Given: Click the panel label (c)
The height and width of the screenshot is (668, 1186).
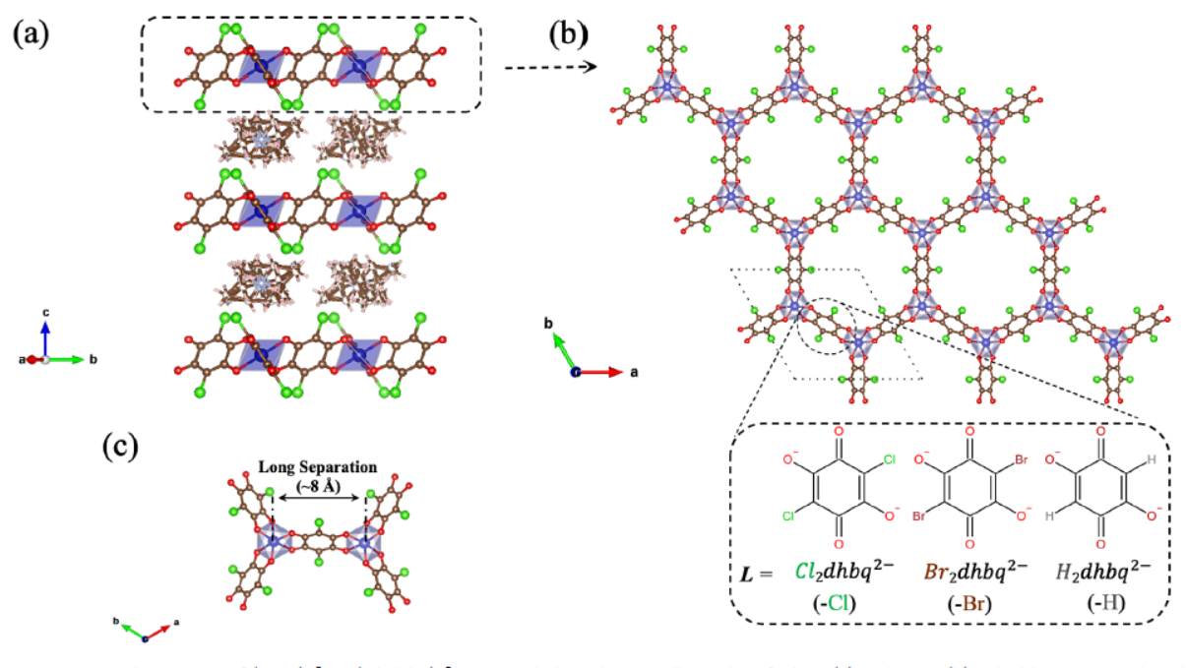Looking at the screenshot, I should coord(121,448).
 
